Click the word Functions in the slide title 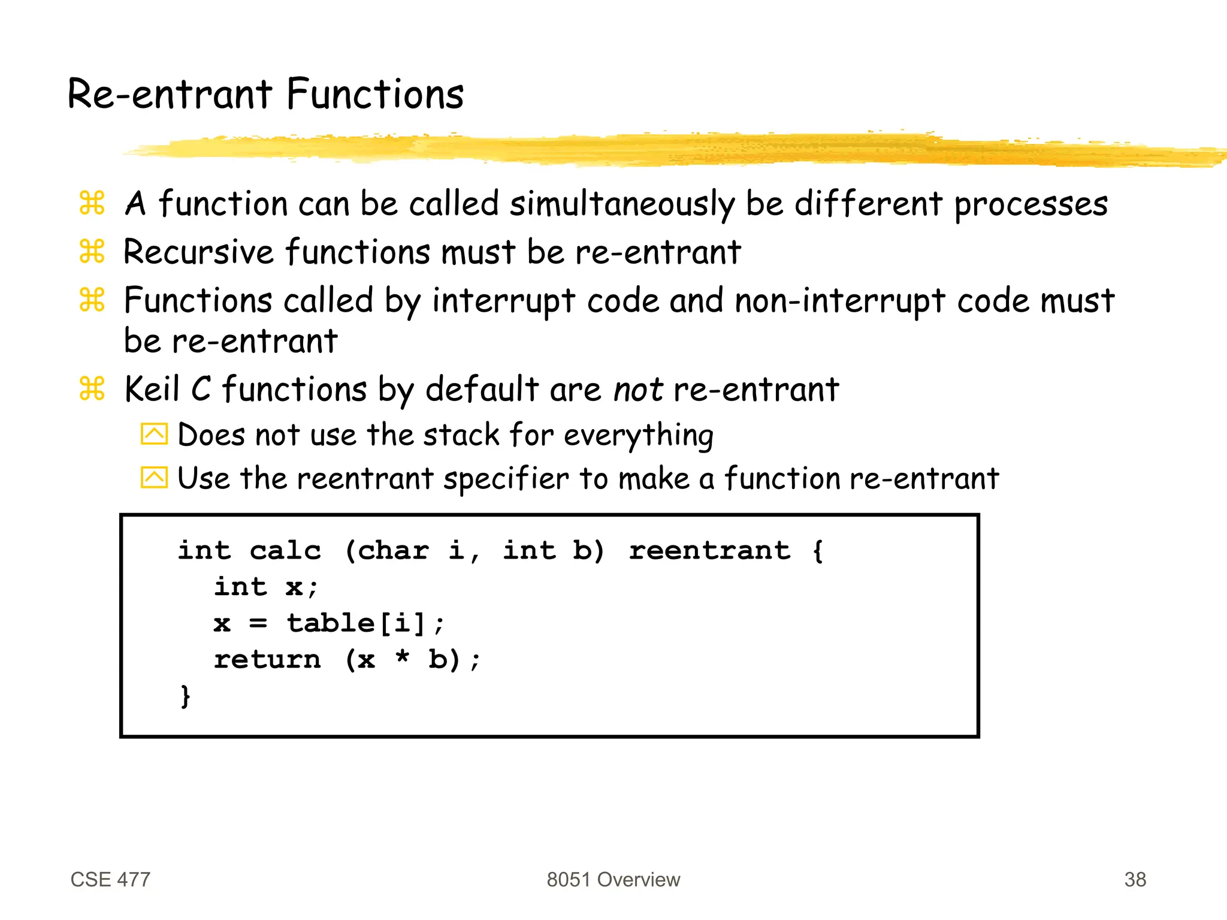coord(375,95)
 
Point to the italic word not coord(637,390)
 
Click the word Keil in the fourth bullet coord(152,390)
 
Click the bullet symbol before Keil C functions coord(92,389)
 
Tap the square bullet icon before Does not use coord(154,434)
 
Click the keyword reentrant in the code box coord(709,550)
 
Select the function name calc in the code coord(285,550)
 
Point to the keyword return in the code coord(267,660)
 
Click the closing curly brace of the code coord(186,696)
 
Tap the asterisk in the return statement coord(403,658)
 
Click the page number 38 coord(1135,879)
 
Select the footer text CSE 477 coord(110,879)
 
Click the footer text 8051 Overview coord(613,879)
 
